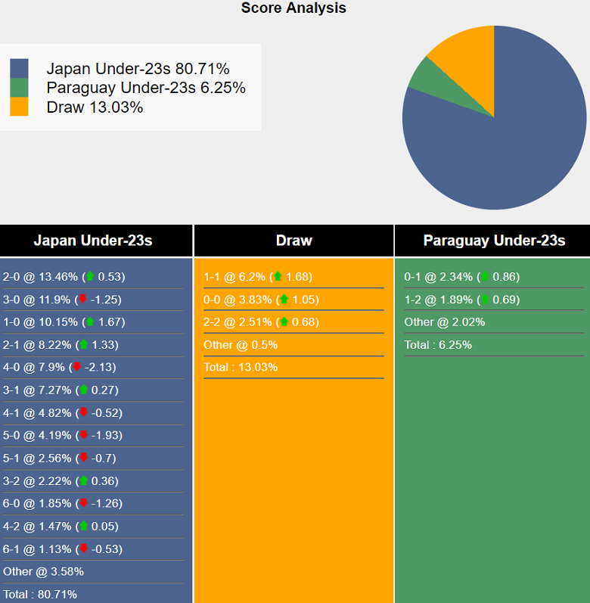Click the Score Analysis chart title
point(293,8)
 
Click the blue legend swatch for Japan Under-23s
point(19,68)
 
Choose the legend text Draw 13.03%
point(95,107)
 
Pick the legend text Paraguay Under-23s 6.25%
point(146,88)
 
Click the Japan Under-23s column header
point(93,241)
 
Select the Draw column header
point(293,241)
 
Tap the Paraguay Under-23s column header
point(494,241)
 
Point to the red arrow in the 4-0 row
point(76,367)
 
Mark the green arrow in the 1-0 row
point(90,322)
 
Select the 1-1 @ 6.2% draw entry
point(257,276)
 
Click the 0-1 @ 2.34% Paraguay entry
point(461,276)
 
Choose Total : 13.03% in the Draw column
point(241,367)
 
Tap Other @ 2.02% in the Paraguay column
point(445,322)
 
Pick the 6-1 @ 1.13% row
point(63,549)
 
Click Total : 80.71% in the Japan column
point(40,594)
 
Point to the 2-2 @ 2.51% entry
point(261,322)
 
